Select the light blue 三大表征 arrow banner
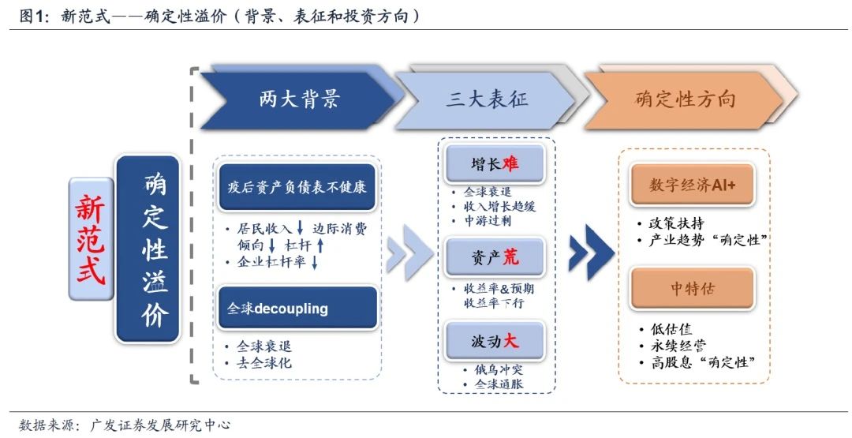point(486,99)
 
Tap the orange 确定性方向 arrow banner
point(683,99)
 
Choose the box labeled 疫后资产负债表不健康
point(297,188)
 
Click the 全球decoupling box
point(297,308)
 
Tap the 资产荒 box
point(494,256)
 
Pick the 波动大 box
point(494,341)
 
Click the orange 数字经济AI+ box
point(692,185)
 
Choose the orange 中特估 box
point(692,288)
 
